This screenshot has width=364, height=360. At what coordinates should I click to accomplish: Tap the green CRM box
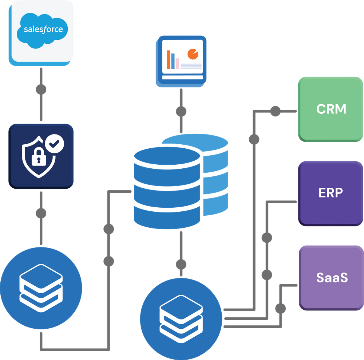click(331, 109)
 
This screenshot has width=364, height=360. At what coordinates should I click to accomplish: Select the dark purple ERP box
click(331, 193)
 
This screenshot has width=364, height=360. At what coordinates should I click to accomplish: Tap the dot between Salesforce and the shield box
click(41, 89)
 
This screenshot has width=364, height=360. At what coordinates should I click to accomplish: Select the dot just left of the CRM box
click(275, 111)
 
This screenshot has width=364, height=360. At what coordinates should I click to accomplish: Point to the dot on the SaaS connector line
click(280, 309)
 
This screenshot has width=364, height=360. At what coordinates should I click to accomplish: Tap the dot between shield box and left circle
click(41, 212)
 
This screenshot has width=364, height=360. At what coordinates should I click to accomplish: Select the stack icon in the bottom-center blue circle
click(181, 314)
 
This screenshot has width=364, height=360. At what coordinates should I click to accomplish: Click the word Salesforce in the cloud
click(43, 29)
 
